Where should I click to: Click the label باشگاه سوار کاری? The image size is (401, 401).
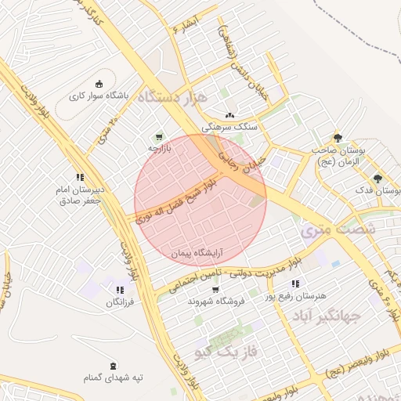[x=98, y=97]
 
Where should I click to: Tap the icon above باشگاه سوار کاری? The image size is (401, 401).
[x=98, y=85]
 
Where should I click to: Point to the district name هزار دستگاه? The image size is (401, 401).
[x=175, y=97]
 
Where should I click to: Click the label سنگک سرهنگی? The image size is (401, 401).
[x=229, y=126]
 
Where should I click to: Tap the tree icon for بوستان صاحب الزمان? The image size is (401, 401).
[x=338, y=137]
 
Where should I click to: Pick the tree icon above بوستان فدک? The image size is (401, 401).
[x=378, y=179]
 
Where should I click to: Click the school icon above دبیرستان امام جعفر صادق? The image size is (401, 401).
[x=79, y=178]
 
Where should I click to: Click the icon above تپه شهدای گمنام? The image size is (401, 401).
[x=114, y=366]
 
